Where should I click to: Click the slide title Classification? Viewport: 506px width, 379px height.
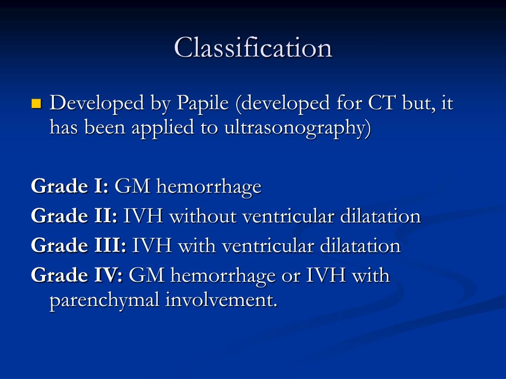(x=253, y=48)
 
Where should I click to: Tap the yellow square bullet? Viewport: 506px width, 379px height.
(x=37, y=104)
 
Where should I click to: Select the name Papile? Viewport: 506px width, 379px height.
(x=203, y=104)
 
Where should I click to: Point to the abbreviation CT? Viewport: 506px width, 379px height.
(x=381, y=103)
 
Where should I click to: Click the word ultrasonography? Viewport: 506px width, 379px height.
(x=297, y=128)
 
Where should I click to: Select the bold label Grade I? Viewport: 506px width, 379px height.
(x=70, y=186)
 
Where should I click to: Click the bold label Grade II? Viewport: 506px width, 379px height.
(x=74, y=216)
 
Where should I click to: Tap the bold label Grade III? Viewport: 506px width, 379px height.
(x=79, y=245)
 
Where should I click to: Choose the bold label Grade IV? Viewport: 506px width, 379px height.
(x=77, y=275)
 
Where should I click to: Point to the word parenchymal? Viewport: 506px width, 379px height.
(x=104, y=300)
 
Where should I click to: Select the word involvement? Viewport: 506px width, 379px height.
(x=221, y=300)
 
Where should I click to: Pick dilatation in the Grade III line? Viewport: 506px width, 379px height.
(x=360, y=246)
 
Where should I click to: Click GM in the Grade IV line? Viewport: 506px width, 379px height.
(x=146, y=275)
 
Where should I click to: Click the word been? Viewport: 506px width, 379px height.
(x=105, y=127)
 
